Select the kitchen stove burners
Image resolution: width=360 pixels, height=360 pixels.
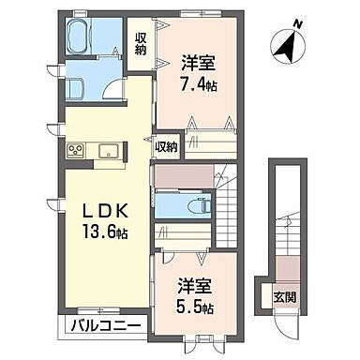click(76, 150)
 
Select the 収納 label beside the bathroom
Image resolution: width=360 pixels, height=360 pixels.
click(141, 43)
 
